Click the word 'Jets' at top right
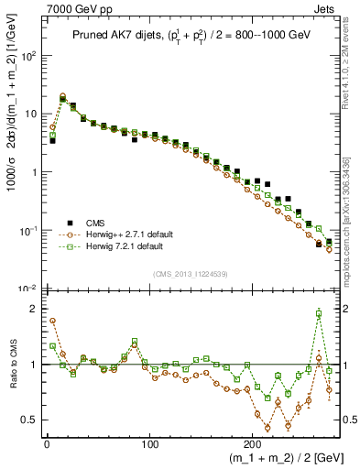tap(324, 7)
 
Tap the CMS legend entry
tap(94, 223)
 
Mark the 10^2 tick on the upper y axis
tap(29, 55)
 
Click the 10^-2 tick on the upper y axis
tap(29, 289)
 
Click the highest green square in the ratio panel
tap(319, 313)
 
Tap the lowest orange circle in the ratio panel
tap(267, 428)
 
